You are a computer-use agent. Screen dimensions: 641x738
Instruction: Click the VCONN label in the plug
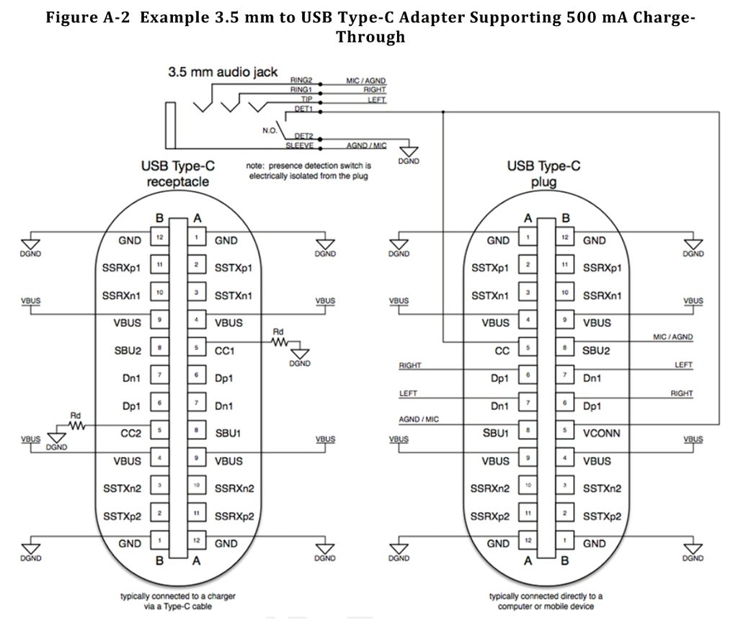[603, 434]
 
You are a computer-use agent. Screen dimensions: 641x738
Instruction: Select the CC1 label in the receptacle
[229, 350]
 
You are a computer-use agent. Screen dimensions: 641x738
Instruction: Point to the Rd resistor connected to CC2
[76, 426]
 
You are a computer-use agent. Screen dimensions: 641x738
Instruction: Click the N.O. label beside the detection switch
[270, 130]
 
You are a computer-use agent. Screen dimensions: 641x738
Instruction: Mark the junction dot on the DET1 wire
[443, 112]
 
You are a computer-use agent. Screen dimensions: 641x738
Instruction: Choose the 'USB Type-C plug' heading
[544, 174]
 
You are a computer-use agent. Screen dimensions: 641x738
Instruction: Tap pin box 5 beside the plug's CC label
[528, 350]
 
